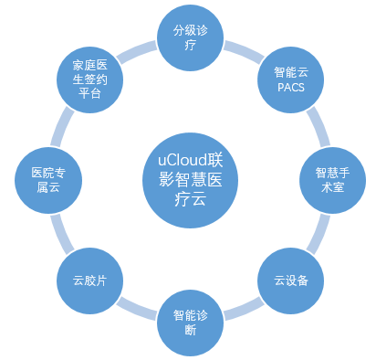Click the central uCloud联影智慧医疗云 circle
(191, 171)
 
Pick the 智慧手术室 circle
(329, 179)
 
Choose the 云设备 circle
(291, 280)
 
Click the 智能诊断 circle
(191, 321)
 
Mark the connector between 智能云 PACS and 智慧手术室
(316, 125)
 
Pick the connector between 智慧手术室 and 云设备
(316, 234)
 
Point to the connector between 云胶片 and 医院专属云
(64, 234)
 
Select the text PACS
(290, 87)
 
